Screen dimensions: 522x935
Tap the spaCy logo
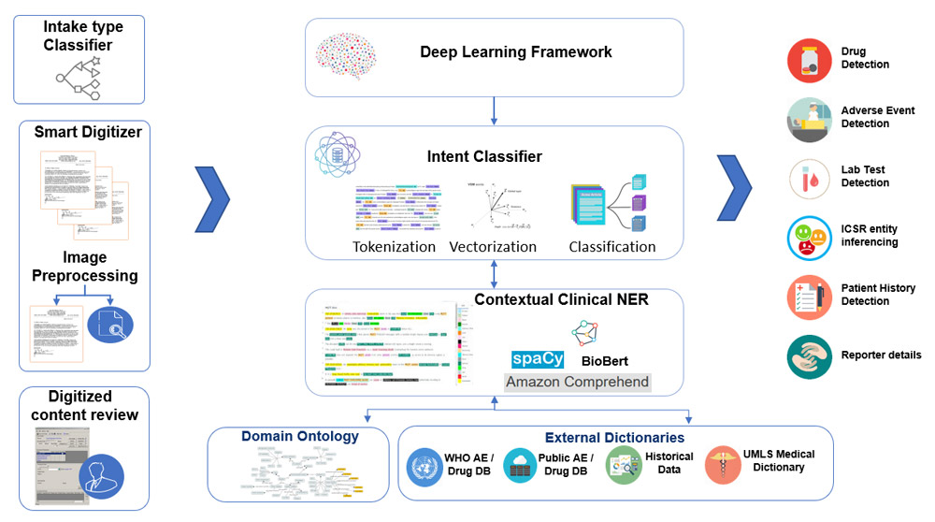pos(538,359)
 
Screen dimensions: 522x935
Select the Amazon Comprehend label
pos(577,382)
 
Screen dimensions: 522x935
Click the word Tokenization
pos(394,247)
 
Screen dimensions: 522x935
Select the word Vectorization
pos(493,247)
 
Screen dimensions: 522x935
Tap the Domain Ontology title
pos(299,436)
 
